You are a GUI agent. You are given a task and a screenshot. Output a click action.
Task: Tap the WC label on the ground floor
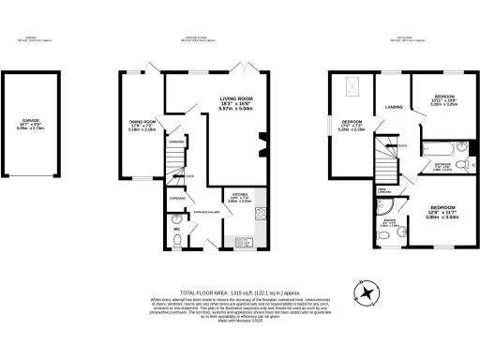pyautogui.click(x=175, y=229)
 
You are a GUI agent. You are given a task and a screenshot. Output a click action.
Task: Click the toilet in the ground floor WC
pyautogui.click(x=176, y=240)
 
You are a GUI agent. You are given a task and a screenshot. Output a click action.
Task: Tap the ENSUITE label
pyautogui.click(x=388, y=223)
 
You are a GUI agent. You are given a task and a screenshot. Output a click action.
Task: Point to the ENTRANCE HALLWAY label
pyautogui.click(x=205, y=213)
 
